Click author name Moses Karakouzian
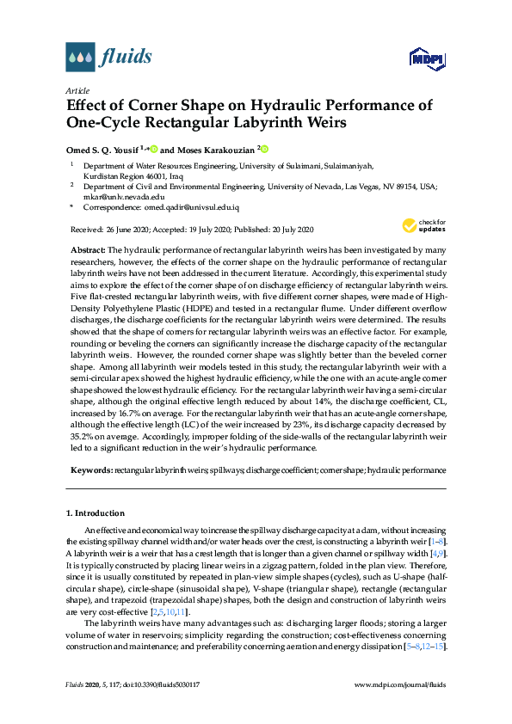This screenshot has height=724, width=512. click(x=214, y=149)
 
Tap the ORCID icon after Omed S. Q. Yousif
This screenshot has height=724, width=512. click(x=154, y=149)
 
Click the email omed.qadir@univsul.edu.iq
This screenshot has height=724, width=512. click(x=190, y=208)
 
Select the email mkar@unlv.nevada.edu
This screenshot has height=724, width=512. click(x=119, y=196)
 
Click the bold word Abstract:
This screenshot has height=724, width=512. click(x=87, y=248)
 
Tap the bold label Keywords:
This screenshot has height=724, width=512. click(x=90, y=470)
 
